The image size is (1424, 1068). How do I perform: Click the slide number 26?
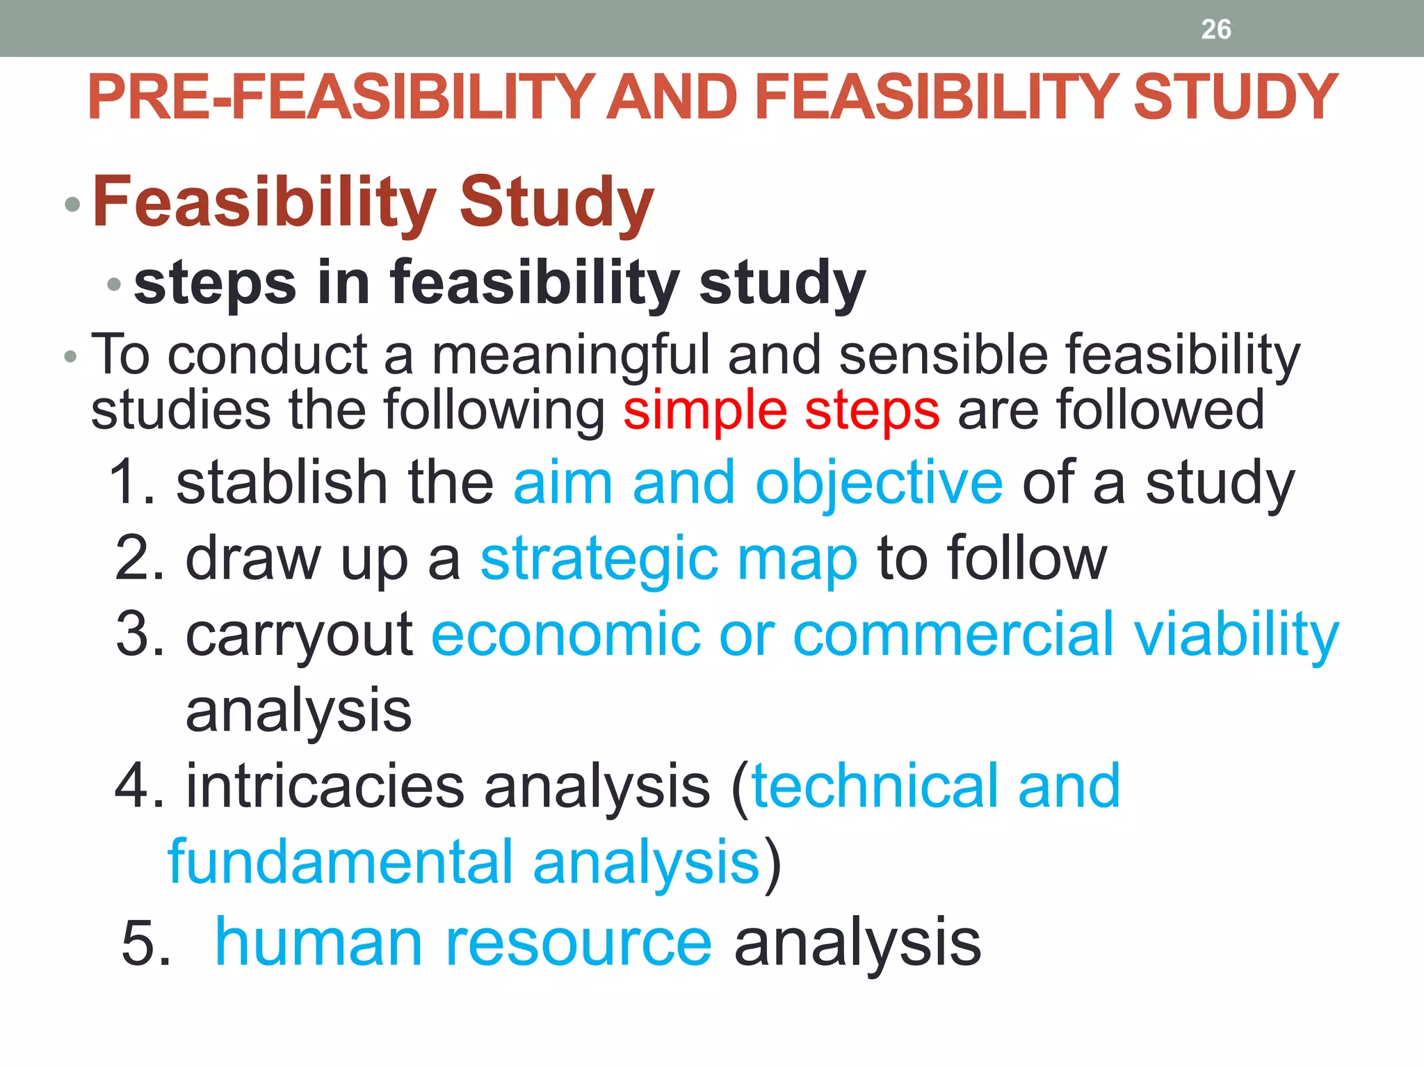tap(1215, 29)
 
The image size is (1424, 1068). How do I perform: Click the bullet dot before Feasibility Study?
tap(72, 204)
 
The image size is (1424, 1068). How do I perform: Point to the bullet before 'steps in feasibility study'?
tap(115, 284)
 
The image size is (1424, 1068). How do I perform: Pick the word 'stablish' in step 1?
tap(282, 483)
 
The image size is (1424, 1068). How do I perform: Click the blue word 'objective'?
tap(879, 484)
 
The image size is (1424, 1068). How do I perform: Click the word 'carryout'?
tap(299, 635)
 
